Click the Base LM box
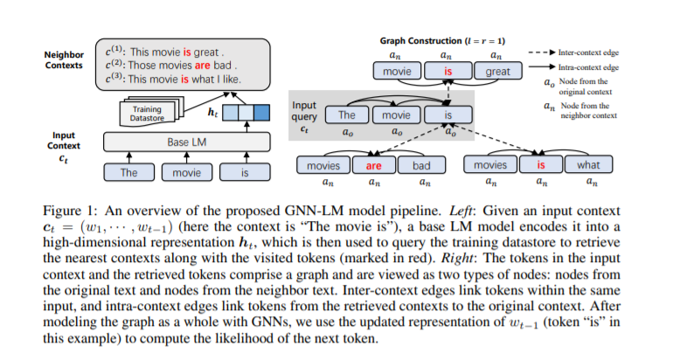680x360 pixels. point(185,142)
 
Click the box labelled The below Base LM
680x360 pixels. point(128,173)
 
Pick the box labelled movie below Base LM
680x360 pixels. point(186,173)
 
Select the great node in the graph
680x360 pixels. point(497,72)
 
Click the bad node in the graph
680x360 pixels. point(421,165)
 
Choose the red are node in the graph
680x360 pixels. point(373,165)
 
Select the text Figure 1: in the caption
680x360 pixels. point(70,211)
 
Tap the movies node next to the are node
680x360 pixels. point(323,165)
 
